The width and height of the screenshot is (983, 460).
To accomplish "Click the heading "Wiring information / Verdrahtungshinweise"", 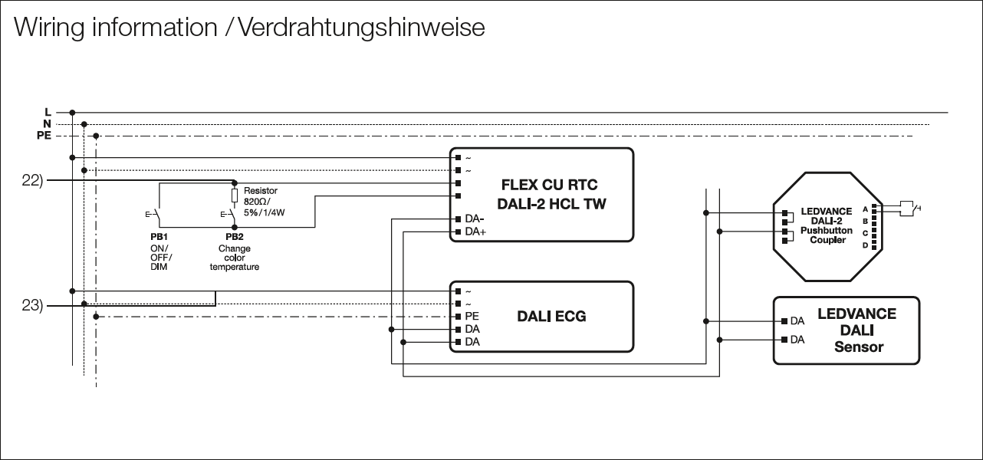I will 249,28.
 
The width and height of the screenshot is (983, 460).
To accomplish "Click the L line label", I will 48,112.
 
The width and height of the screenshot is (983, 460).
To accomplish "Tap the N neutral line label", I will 47,123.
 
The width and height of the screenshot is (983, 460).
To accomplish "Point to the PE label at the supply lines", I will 44,136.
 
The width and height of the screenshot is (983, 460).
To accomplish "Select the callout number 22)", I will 32,180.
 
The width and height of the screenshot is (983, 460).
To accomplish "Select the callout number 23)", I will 32,305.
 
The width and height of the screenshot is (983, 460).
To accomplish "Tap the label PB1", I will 159,238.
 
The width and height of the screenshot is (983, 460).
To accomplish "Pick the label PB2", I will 235,238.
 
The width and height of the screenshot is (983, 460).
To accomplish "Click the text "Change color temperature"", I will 235,258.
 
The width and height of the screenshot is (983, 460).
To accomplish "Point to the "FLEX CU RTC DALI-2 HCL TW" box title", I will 548,194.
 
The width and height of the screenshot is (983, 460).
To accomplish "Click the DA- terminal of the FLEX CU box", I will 459,219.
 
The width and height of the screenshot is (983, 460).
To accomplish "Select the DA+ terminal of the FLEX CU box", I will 459,232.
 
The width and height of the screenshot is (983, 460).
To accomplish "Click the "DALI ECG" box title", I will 552,316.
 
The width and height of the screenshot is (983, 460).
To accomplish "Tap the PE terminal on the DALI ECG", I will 459,316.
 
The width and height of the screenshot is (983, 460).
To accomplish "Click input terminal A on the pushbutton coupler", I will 873,209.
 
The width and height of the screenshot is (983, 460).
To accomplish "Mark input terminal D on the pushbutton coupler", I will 873,245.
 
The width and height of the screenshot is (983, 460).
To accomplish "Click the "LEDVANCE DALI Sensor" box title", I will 856,330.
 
